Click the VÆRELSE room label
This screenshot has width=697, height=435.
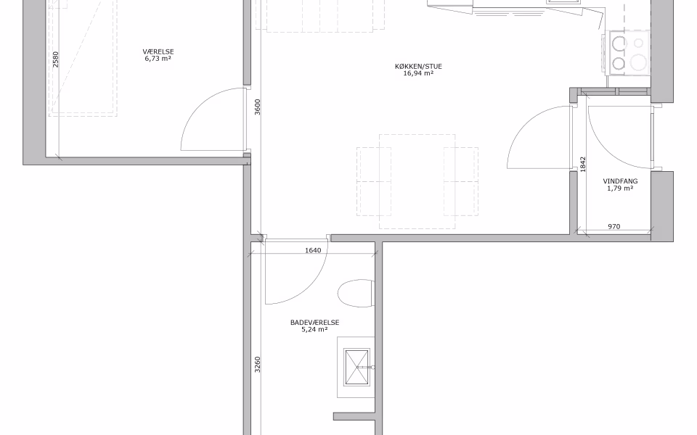click(158, 51)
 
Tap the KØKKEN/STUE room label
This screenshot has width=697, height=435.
click(418, 67)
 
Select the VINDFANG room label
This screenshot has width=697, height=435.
click(620, 181)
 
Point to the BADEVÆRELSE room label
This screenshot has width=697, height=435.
click(314, 322)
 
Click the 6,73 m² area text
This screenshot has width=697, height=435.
click(158, 59)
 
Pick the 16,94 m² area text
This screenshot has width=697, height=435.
click(418, 74)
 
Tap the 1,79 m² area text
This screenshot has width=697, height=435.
click(620, 188)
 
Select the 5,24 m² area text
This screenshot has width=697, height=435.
click(314, 329)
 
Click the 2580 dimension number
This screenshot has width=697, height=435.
click(55, 60)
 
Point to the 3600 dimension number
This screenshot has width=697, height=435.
click(258, 107)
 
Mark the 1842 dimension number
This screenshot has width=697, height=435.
click(583, 165)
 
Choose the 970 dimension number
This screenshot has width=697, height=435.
click(614, 226)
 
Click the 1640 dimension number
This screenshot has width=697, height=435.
click(313, 250)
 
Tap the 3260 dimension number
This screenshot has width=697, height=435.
click(257, 365)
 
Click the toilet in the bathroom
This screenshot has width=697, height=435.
click(356, 294)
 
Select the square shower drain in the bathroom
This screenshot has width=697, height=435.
click(357, 367)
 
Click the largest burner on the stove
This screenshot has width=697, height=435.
click(639, 62)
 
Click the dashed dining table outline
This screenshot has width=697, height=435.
click(417, 182)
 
